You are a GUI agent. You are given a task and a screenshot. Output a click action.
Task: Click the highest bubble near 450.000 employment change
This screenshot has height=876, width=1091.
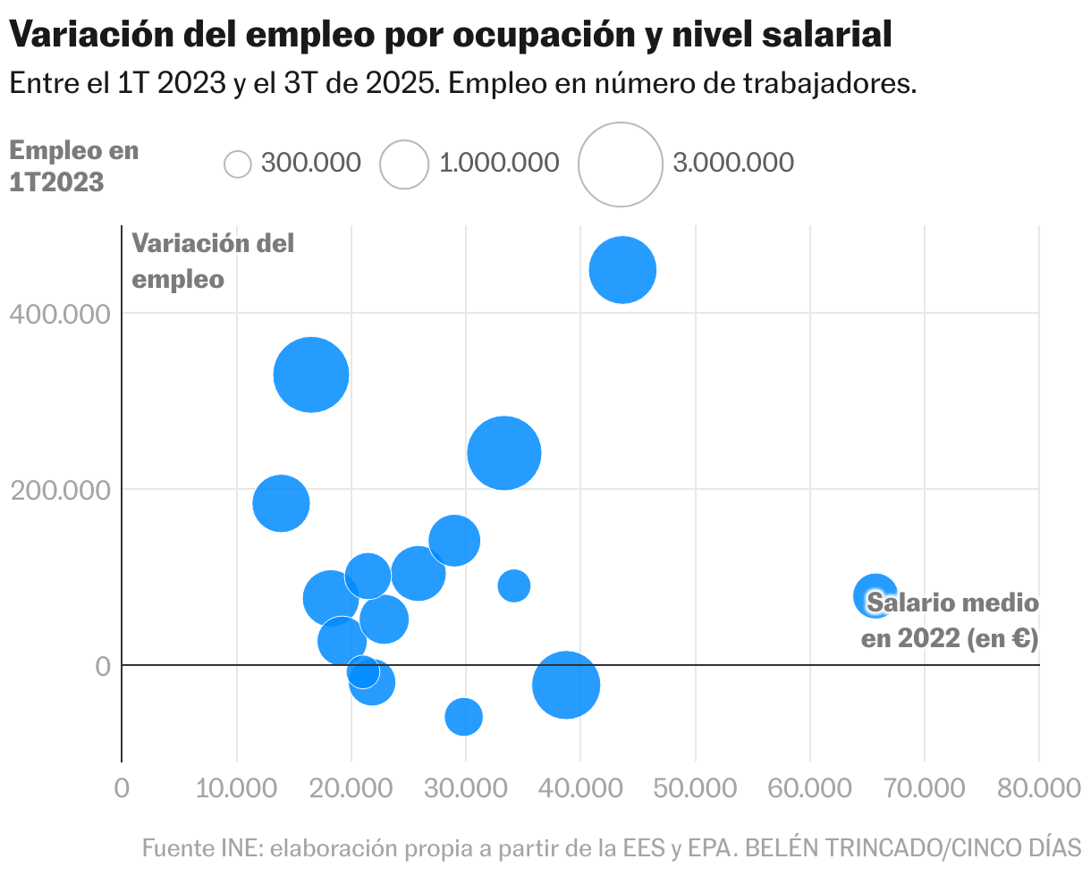click(x=622, y=270)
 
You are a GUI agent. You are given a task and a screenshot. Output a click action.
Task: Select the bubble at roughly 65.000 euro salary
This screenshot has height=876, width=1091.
click(x=875, y=594)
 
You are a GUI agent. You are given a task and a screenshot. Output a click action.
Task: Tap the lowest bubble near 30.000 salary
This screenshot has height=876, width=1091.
click(x=463, y=716)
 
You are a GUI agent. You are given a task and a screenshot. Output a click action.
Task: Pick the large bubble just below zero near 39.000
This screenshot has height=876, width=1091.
click(x=565, y=685)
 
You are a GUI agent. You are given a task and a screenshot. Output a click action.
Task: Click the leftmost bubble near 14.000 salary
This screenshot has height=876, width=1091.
click(x=281, y=503)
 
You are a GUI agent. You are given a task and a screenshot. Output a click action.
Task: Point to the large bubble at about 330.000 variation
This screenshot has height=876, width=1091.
click(x=310, y=375)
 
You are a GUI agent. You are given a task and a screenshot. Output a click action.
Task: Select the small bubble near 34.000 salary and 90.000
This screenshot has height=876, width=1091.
click(x=513, y=585)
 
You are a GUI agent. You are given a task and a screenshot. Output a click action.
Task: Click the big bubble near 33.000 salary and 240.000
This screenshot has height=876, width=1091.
click(x=503, y=453)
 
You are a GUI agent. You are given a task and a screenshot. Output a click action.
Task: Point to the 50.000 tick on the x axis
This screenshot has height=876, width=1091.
click(x=694, y=788)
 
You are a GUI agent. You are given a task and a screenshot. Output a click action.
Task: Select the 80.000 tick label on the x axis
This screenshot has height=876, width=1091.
click(x=1037, y=788)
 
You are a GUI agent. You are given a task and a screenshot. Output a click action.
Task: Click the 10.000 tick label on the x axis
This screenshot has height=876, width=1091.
click(x=236, y=788)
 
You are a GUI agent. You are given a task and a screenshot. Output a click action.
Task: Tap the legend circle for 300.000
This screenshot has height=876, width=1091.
click(x=238, y=164)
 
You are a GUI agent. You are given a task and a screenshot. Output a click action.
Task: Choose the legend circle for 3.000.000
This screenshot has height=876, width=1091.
click(x=620, y=164)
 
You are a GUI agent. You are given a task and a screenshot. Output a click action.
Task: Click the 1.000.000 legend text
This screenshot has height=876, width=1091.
click(x=499, y=164)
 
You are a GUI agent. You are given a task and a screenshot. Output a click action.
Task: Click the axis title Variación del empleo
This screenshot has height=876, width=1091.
click(x=213, y=261)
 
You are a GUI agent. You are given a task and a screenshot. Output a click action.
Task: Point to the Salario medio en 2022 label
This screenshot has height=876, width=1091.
click(x=950, y=621)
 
